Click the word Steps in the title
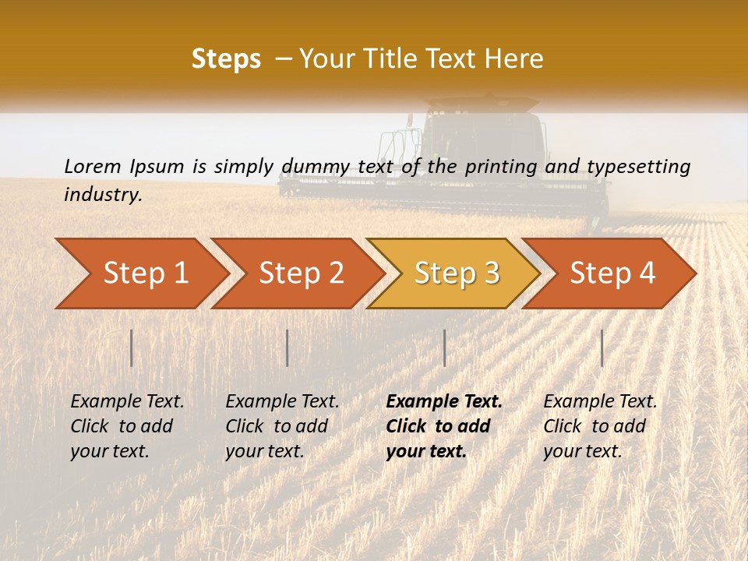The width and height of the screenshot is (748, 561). click(x=226, y=59)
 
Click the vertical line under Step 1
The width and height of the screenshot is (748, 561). click(x=132, y=348)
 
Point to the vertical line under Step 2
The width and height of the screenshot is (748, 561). click(x=288, y=348)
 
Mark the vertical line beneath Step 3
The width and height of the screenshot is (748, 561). click(x=444, y=348)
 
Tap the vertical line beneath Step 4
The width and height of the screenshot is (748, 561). click(x=602, y=348)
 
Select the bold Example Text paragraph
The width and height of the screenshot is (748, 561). click(x=444, y=426)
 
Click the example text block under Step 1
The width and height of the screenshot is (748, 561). click(x=127, y=426)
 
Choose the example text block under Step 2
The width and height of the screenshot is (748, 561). click(x=282, y=426)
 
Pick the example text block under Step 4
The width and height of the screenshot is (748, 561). click(x=600, y=426)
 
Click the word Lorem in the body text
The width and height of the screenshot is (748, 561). click(x=93, y=166)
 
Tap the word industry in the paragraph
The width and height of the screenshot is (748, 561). click(x=103, y=195)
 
